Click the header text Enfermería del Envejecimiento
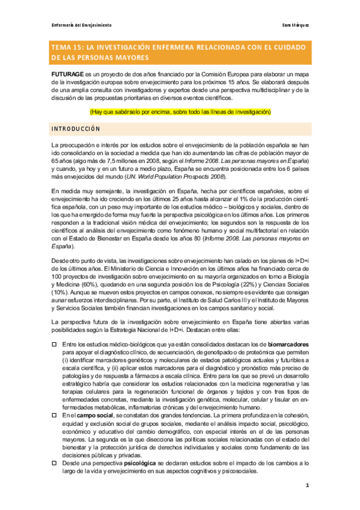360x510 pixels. (81, 25)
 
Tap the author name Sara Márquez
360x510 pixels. (296, 25)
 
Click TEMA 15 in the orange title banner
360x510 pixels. (69, 47)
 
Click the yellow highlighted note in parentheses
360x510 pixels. (180, 112)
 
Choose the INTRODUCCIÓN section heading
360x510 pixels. (76, 129)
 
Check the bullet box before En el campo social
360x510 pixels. (55, 415)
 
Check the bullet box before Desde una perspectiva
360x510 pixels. (55, 463)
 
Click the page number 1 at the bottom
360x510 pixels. (307, 485)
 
